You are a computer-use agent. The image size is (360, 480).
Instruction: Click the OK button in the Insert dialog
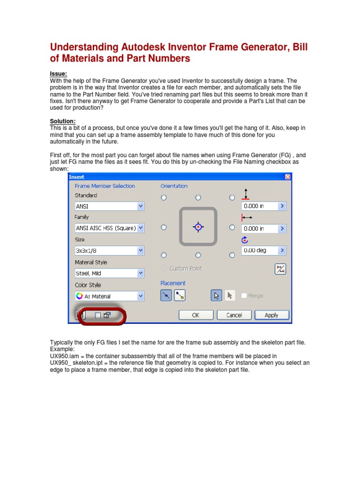click(196, 315)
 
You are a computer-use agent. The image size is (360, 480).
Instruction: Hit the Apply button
click(271, 315)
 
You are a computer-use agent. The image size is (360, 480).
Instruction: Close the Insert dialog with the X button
click(287, 177)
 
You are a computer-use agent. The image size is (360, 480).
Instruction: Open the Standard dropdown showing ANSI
click(109, 206)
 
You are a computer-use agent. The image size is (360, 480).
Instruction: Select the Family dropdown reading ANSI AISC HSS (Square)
click(109, 228)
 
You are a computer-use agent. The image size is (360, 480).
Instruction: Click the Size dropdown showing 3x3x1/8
click(109, 251)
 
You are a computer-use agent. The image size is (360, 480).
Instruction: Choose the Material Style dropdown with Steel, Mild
click(109, 273)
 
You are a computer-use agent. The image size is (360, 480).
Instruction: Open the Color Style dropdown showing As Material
click(109, 296)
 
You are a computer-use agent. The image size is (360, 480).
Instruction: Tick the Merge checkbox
click(244, 296)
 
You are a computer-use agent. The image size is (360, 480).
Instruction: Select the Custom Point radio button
click(164, 269)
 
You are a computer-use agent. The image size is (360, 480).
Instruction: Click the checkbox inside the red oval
click(97, 315)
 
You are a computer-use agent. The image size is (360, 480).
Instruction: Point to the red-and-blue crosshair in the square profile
click(198, 227)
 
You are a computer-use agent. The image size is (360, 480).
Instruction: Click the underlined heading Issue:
click(59, 74)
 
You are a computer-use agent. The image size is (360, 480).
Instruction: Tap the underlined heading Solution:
click(62, 121)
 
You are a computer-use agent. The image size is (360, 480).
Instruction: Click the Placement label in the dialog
click(173, 283)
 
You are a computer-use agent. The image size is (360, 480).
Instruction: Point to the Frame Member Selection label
click(105, 186)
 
